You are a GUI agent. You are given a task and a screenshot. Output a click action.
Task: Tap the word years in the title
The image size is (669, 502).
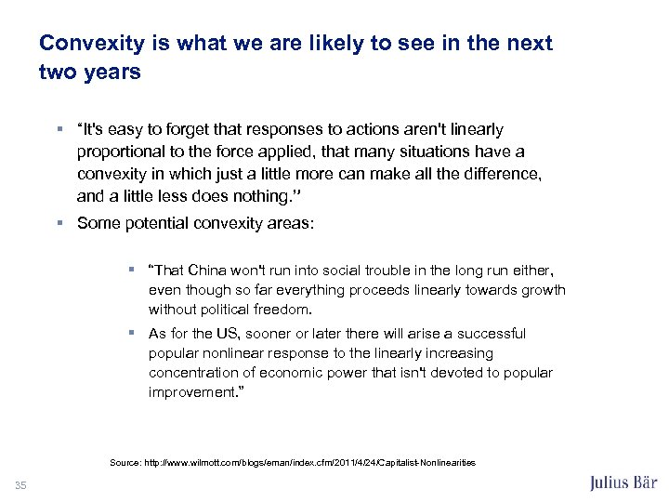coord(112,72)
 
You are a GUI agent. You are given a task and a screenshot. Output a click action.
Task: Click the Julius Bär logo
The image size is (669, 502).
coord(623,482)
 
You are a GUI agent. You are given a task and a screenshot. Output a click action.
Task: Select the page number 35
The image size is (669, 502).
coord(20,483)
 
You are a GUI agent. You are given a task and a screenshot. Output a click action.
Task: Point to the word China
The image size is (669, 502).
coord(213,271)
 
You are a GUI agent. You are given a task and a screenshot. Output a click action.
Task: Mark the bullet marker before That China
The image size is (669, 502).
coord(133,271)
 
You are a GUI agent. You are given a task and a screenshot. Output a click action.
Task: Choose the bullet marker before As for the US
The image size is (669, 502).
coord(133,334)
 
